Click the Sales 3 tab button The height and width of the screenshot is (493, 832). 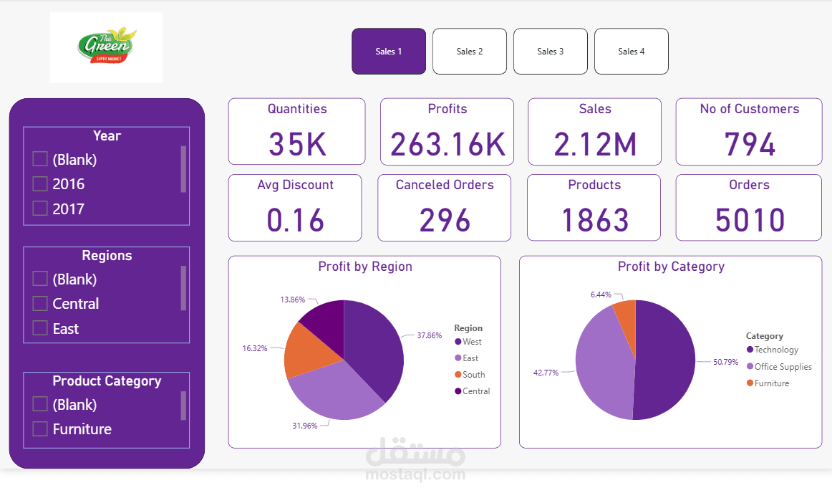(551, 52)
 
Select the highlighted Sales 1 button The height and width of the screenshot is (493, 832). (389, 52)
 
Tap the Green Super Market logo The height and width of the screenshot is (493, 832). (107, 47)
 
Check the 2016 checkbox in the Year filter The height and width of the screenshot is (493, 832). (40, 184)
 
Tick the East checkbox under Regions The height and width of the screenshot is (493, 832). (40, 329)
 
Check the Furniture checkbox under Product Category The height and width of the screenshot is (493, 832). (40, 429)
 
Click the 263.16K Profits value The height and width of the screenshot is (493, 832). (448, 144)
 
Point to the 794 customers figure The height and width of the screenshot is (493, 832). (749, 144)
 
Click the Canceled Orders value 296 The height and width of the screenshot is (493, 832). (445, 220)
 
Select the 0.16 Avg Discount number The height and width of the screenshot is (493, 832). (295, 220)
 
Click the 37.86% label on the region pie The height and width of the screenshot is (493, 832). (430, 335)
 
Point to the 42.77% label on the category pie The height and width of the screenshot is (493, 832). (545, 373)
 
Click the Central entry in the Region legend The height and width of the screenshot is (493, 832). (476, 391)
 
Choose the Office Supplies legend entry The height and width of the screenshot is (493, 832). (783, 367)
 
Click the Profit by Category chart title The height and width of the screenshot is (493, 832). (671, 267)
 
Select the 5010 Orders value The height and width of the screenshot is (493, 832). (749, 220)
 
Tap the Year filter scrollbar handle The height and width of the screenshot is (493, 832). (183, 169)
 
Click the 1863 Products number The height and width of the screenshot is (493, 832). (594, 220)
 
